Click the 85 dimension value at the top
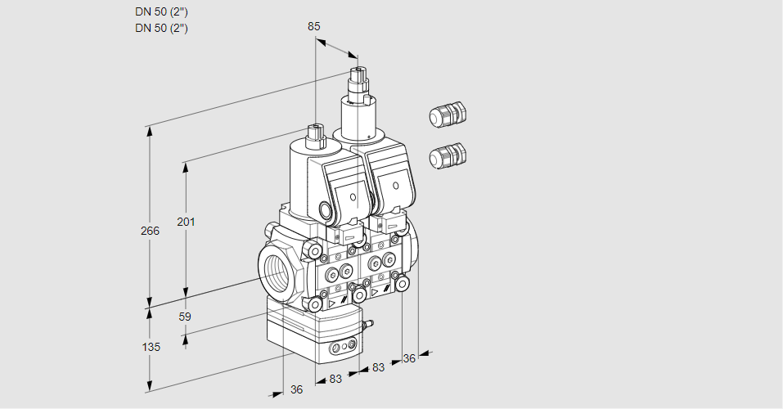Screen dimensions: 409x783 pyautogui.click(x=313, y=26)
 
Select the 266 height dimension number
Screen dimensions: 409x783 pyautogui.click(x=150, y=231)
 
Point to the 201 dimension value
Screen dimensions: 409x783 pyautogui.click(x=186, y=222)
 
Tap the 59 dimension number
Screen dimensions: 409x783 pyautogui.click(x=185, y=317)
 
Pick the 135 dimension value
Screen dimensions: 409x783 pyautogui.click(x=151, y=347)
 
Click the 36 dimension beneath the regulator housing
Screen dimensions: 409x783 pyautogui.click(x=296, y=389)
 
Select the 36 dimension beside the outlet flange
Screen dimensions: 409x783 pyautogui.click(x=409, y=357)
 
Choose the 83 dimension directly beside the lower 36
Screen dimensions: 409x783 pyautogui.click(x=335, y=379)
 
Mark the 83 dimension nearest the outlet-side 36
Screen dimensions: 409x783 pyautogui.click(x=377, y=367)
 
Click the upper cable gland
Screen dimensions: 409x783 pyautogui.click(x=448, y=115)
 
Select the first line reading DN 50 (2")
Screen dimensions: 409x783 pyautogui.click(x=162, y=12)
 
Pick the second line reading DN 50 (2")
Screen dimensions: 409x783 pyautogui.click(x=162, y=28)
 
